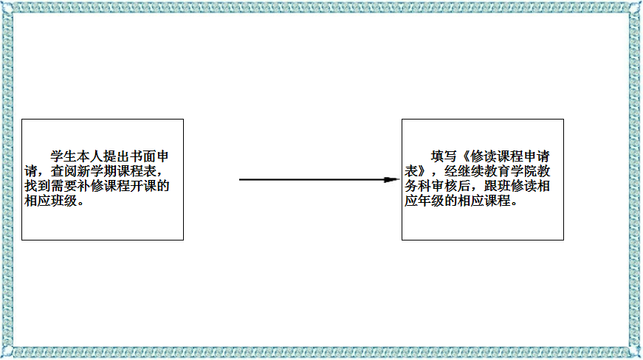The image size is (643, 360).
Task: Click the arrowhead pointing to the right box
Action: click(391, 179)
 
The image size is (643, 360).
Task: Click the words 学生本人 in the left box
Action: click(77, 156)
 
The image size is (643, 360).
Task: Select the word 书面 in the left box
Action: click(142, 156)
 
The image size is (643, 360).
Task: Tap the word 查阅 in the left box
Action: click(63, 171)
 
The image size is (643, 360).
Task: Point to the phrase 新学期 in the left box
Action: click(97, 171)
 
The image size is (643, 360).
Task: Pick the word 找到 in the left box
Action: click(38, 186)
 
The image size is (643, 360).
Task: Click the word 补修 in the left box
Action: click(90, 186)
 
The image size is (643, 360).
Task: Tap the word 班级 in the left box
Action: click(63, 201)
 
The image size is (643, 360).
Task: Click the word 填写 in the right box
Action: click(444, 156)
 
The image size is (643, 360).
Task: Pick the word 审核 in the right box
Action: click(457, 186)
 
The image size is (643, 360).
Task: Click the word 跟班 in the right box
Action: click(497, 186)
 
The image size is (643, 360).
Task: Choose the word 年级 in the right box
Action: click(430, 201)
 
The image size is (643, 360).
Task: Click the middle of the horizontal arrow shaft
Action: click(312, 179)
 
